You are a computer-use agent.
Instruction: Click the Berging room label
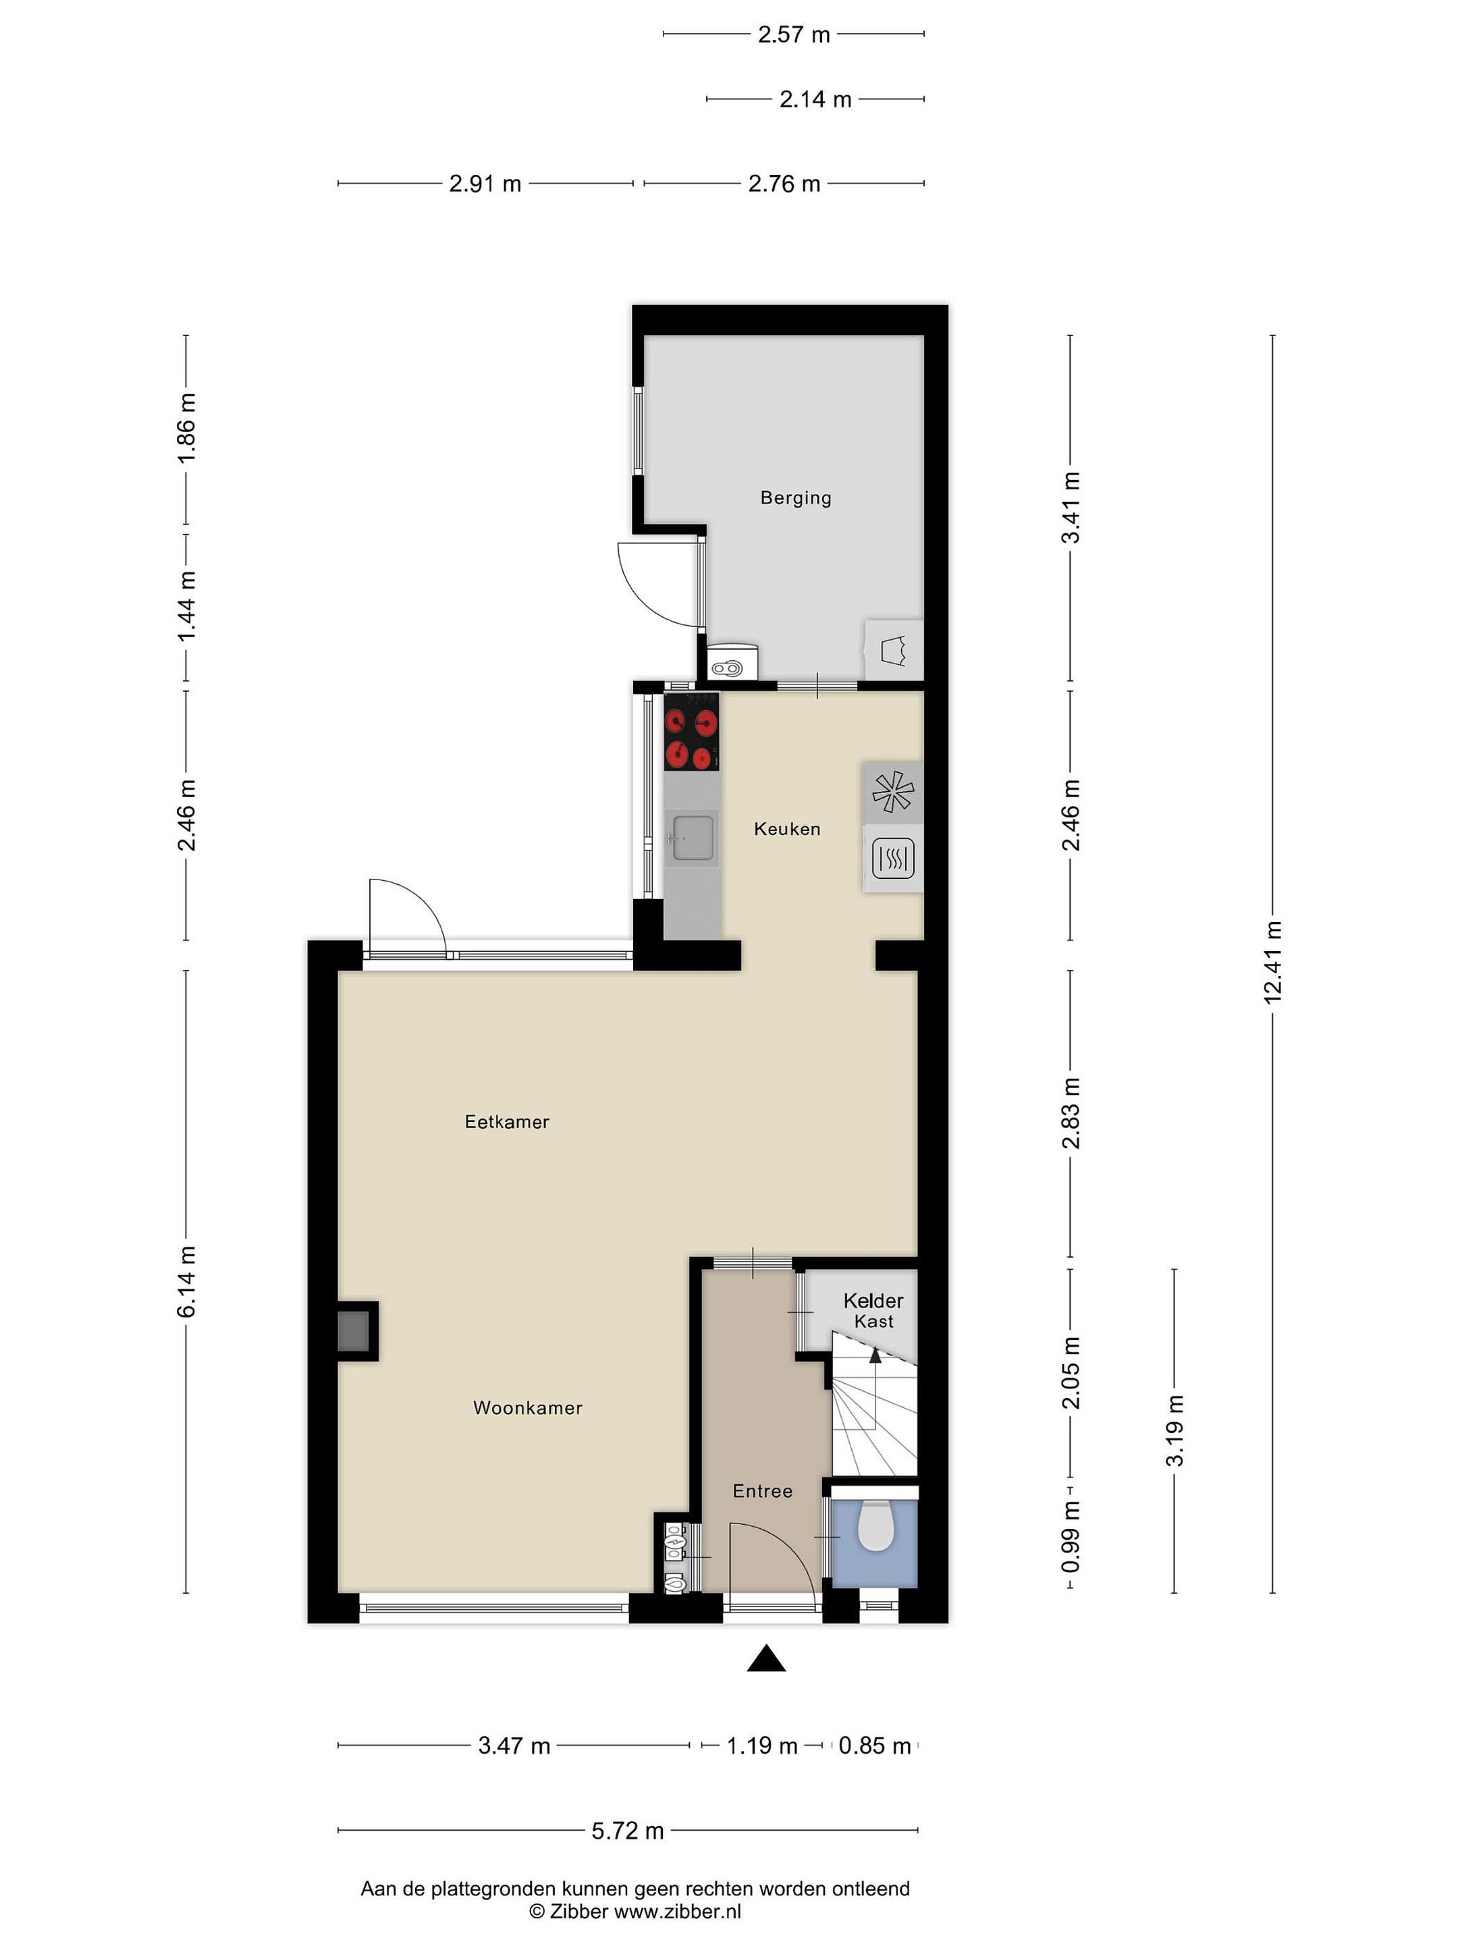pos(795,498)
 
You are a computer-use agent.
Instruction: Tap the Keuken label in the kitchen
pos(786,829)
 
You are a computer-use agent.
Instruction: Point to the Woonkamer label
pos(527,1408)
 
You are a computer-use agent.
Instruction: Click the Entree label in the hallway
pos(763,1491)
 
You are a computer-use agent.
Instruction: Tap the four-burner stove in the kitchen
pos(692,731)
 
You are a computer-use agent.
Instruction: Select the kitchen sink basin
pos(693,836)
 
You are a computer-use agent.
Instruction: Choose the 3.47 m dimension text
pos(514,1746)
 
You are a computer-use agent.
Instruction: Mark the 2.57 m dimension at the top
pos(794,34)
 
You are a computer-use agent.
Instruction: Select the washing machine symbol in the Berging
pos(894,650)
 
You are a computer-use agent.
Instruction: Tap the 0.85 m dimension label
pos(874,1746)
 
